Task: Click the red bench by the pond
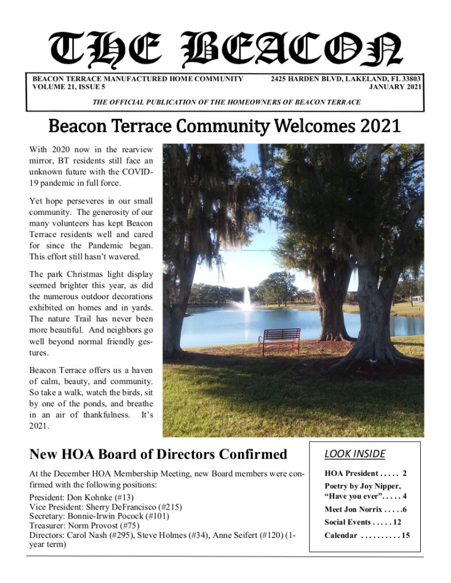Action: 279,341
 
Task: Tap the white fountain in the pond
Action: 247,300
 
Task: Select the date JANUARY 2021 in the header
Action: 395,87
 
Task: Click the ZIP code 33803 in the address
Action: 411,79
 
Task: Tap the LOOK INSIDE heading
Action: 355,454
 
